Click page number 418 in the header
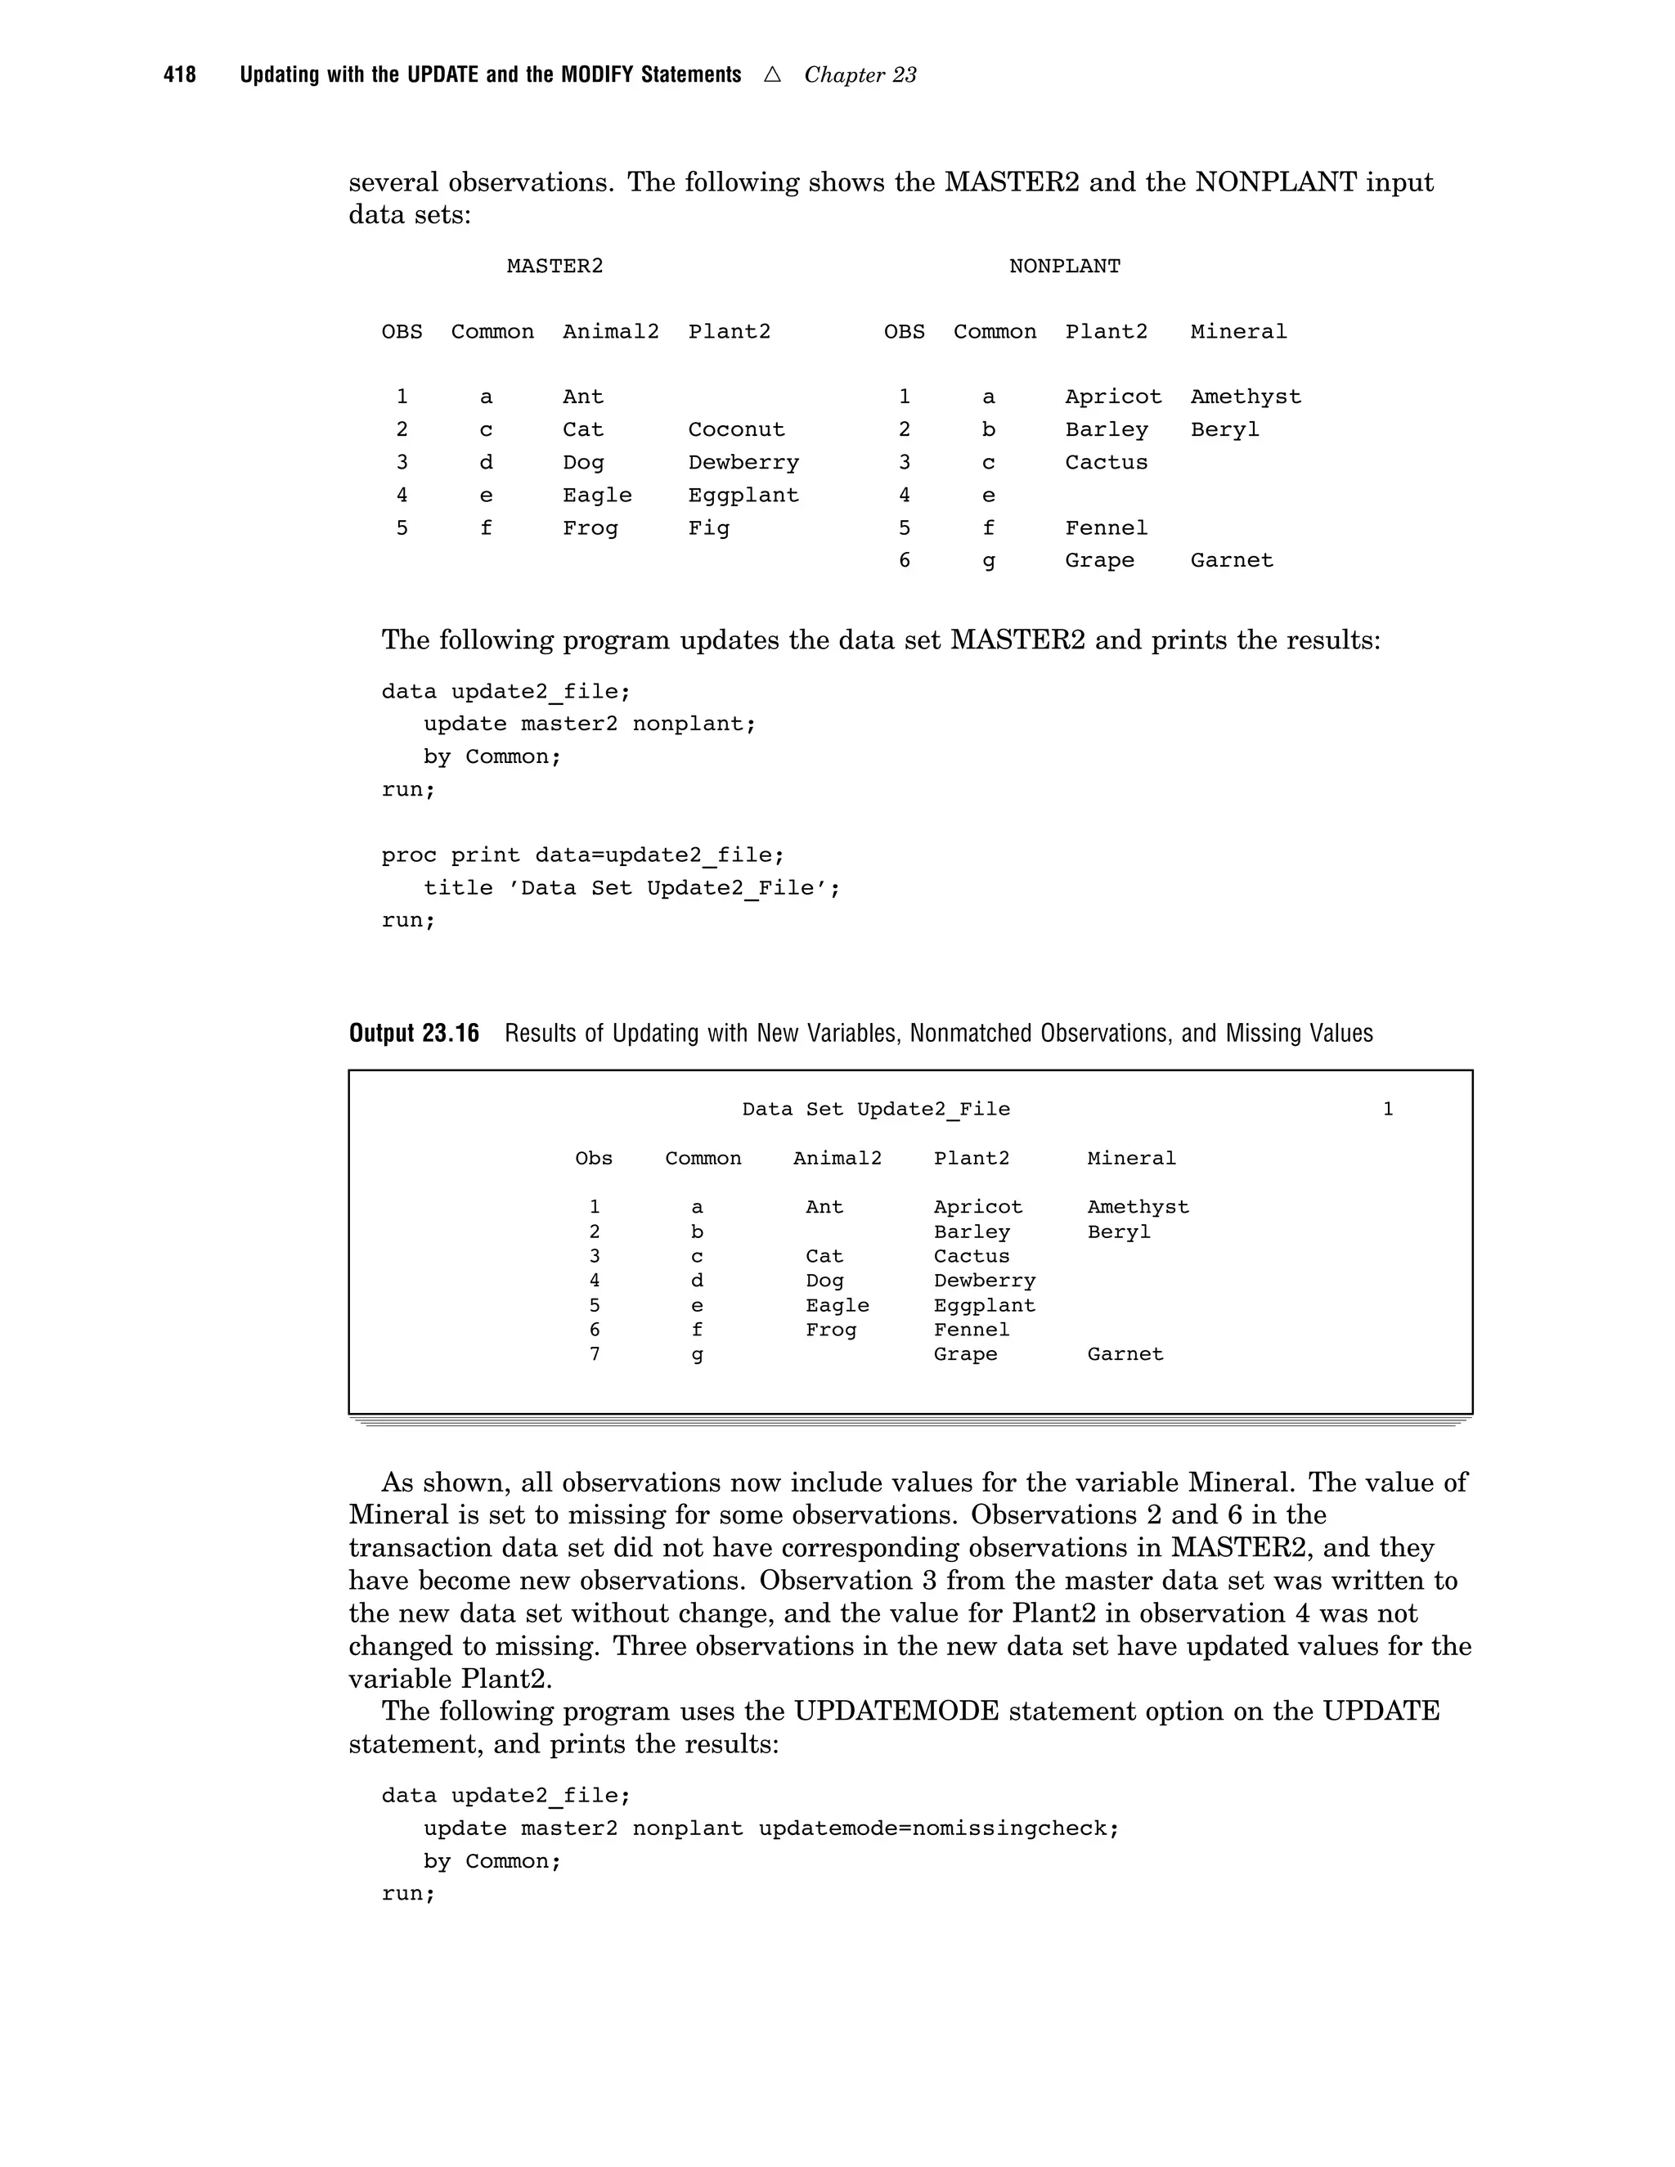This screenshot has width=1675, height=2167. [x=180, y=75]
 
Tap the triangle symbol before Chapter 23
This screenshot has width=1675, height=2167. [x=772, y=74]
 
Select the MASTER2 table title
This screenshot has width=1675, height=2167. [x=555, y=266]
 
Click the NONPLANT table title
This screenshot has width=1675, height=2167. [x=1064, y=266]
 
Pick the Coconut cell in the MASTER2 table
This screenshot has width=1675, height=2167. [x=735, y=429]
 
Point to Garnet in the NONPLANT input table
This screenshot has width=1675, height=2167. [x=1230, y=561]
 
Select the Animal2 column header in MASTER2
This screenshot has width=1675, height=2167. [x=610, y=331]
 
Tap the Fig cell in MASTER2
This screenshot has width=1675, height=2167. [x=708, y=528]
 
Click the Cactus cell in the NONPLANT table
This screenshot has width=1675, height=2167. [x=1106, y=462]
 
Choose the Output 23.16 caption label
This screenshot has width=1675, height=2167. [x=414, y=1034]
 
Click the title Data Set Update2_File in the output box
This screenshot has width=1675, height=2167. [x=875, y=1110]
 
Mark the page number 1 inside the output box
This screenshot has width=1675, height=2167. [x=1387, y=1110]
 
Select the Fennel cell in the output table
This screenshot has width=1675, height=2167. [x=971, y=1330]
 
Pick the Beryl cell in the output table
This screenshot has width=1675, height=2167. [x=1118, y=1232]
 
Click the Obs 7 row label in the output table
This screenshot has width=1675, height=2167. [x=595, y=1353]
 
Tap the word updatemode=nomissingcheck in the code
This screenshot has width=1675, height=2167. [x=938, y=1828]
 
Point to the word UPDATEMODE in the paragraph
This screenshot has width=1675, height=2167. [x=896, y=1712]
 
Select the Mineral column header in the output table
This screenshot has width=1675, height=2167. [x=1131, y=1158]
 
